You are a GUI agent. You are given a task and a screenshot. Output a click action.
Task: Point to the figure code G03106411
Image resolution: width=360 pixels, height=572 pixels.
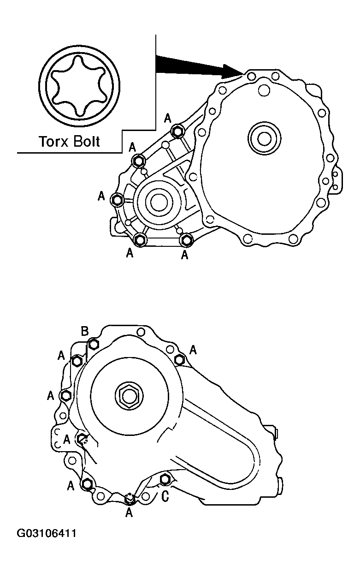point(47,534)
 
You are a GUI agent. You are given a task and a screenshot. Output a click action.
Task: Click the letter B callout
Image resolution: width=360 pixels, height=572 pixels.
point(85,331)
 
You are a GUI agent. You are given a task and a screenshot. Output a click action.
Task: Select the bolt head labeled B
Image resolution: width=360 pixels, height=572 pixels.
point(94,344)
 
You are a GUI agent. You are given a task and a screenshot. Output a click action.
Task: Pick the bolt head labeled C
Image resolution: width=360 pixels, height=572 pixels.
point(165,480)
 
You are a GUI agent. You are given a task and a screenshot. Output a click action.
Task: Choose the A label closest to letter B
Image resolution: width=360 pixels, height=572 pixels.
point(61,355)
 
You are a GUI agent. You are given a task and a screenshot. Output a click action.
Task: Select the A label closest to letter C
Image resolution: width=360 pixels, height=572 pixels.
point(129,512)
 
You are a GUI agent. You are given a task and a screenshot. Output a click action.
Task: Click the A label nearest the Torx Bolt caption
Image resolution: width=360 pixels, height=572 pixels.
point(133,147)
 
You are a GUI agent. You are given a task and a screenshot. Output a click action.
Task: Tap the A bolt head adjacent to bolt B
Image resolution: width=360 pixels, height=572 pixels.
point(77,360)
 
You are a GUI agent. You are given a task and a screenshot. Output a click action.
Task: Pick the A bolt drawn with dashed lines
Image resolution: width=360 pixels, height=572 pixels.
point(82,438)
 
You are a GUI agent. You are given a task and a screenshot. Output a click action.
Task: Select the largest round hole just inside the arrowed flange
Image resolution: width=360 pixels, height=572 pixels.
point(265,91)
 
